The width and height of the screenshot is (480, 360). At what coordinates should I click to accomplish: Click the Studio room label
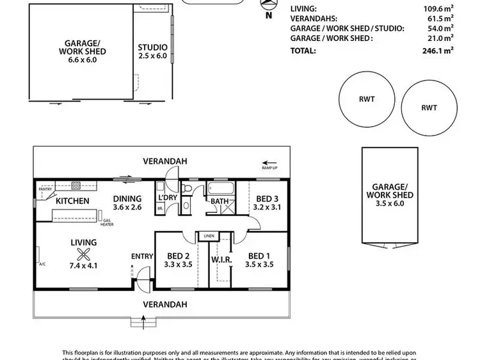tap(152, 47)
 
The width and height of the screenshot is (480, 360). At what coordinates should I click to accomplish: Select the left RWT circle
tap(367, 100)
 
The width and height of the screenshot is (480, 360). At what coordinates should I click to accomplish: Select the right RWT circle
tap(429, 107)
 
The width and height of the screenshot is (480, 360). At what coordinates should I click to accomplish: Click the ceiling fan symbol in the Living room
tap(83, 253)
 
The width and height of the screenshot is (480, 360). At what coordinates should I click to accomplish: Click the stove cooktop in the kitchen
tap(76, 187)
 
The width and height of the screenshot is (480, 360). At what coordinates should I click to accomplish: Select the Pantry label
tap(45, 189)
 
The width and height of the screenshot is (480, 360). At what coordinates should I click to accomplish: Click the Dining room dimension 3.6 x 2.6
tap(127, 207)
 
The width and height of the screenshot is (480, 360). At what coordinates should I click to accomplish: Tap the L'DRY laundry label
tap(167, 198)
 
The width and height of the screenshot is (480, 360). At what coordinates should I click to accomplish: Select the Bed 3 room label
tap(268, 198)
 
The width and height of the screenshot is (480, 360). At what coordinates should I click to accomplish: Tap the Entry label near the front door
tap(142, 256)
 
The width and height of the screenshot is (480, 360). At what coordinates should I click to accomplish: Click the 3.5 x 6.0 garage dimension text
tap(389, 204)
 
